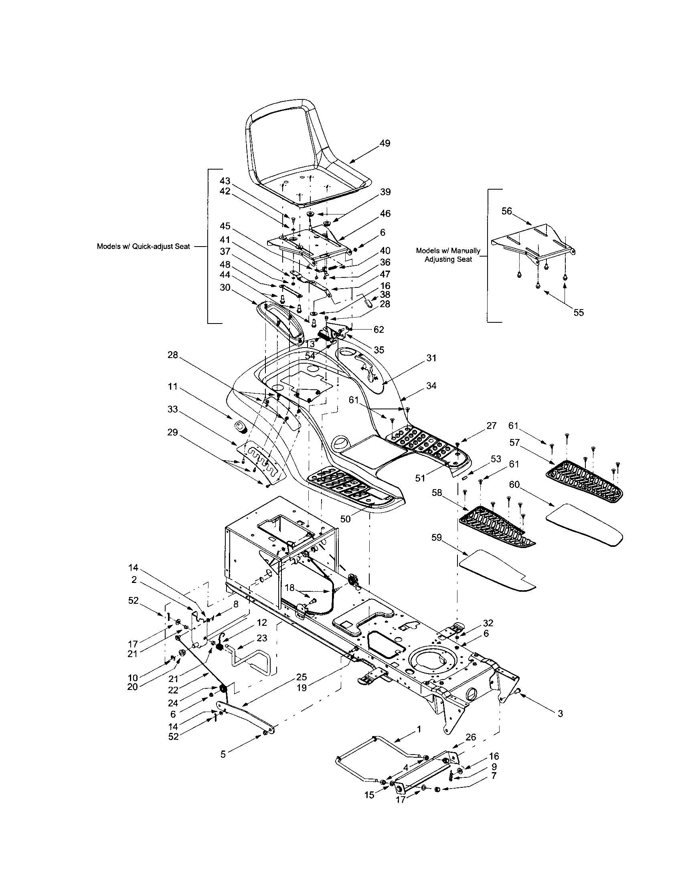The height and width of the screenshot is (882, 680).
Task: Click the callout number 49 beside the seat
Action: [385, 143]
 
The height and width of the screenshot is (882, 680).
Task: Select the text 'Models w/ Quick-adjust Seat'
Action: [143, 246]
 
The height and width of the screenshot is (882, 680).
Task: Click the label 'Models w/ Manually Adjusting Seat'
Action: [448, 255]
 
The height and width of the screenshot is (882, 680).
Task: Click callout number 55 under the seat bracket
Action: [579, 312]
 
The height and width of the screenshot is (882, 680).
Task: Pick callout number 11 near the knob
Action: [173, 387]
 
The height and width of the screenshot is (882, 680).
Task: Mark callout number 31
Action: [431, 358]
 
